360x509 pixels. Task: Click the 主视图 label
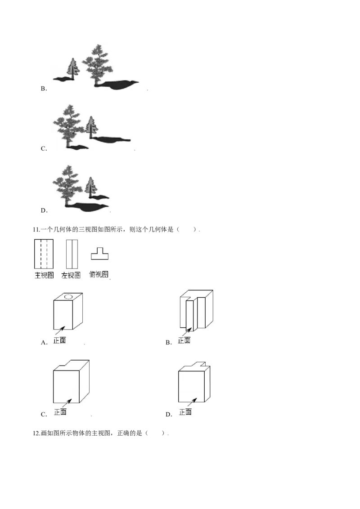point(44,275)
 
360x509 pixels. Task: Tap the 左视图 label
point(71,275)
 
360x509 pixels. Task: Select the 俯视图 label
point(99,274)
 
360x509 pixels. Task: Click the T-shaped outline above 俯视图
point(99,254)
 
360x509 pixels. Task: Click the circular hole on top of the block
point(69,296)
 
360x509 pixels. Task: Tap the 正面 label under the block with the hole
point(59,340)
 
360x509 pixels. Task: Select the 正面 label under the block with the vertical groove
point(184,340)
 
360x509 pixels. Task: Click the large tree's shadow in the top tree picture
point(118,85)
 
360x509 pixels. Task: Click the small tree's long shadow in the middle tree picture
point(111,139)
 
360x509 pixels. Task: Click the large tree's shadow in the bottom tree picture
point(87,207)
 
